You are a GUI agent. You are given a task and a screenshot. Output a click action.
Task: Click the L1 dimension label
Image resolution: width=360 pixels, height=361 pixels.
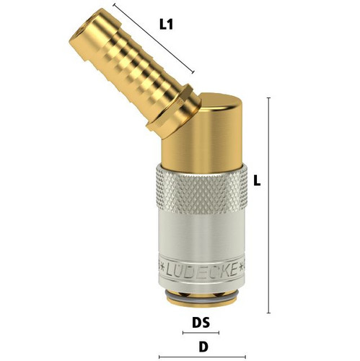pos(166,25)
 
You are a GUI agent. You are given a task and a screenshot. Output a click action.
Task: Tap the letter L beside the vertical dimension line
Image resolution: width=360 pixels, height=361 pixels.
pos(257,180)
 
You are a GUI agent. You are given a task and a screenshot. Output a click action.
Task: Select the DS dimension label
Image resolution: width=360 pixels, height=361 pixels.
pos(201,323)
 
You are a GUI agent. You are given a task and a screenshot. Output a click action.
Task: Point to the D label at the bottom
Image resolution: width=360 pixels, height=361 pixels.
pos(203,347)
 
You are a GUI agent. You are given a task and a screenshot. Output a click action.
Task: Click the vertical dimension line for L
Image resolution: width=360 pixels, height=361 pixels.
pos(268,206)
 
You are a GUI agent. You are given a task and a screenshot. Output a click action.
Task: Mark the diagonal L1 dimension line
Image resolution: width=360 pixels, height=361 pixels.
pos(154,38)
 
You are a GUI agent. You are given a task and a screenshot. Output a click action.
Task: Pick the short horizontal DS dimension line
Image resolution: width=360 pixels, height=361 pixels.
pos(201,333)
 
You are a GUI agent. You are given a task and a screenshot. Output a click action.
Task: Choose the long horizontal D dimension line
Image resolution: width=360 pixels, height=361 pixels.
pos(202,357)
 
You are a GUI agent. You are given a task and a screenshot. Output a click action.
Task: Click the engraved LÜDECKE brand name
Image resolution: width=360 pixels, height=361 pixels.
pos(201,271)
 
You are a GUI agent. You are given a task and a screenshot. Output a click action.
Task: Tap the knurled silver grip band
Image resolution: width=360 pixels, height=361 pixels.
pos(201,190)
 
